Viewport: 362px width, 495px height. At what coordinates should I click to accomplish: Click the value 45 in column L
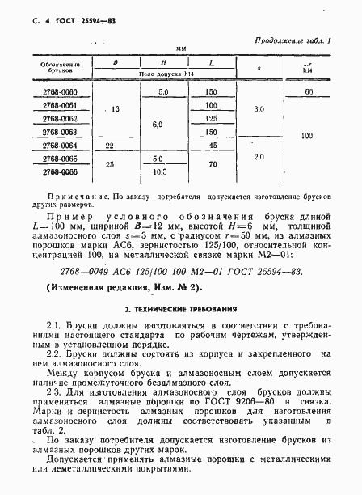click(x=213, y=145)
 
